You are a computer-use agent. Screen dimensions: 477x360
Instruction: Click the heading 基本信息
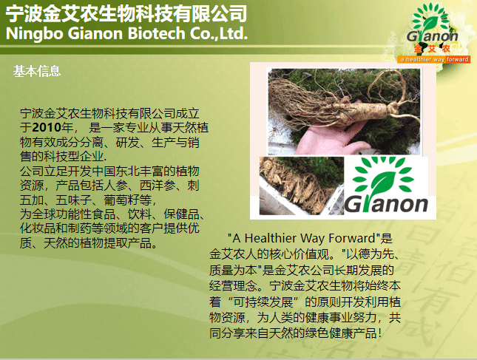tap(37, 71)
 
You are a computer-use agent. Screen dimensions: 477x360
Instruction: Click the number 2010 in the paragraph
tap(47, 127)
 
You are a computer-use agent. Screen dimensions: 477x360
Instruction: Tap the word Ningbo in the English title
tap(34, 33)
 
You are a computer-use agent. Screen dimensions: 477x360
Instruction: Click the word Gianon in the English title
tap(95, 33)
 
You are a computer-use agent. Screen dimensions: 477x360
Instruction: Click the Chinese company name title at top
tap(126, 14)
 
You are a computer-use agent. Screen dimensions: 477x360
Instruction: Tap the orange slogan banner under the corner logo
tap(434, 59)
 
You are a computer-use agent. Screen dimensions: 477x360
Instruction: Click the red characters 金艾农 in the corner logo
tap(432, 49)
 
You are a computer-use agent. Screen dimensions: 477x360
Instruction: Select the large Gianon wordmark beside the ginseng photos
tap(386, 204)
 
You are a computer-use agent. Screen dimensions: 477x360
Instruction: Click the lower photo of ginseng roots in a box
tap(302, 186)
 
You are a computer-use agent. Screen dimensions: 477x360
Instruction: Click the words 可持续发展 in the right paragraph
tap(263, 302)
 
